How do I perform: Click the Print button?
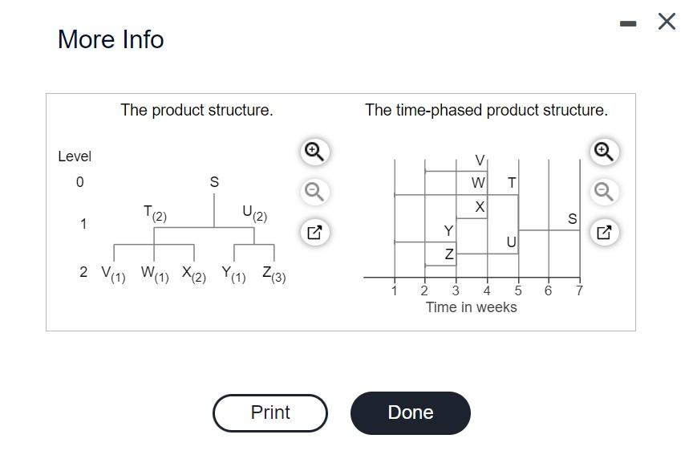(270, 412)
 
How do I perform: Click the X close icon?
(667, 22)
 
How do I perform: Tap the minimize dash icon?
(629, 24)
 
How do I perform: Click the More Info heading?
(111, 39)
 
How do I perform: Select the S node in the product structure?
(214, 182)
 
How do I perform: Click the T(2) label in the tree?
(155, 213)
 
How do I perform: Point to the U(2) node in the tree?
(254, 213)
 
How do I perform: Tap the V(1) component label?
(113, 273)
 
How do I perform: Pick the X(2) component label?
(193, 273)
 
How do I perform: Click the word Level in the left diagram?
(75, 156)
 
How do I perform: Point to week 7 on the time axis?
(579, 290)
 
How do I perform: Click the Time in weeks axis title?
(471, 307)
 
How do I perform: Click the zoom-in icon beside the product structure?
(314, 151)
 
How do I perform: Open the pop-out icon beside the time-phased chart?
(604, 233)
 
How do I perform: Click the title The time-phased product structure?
(486, 110)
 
